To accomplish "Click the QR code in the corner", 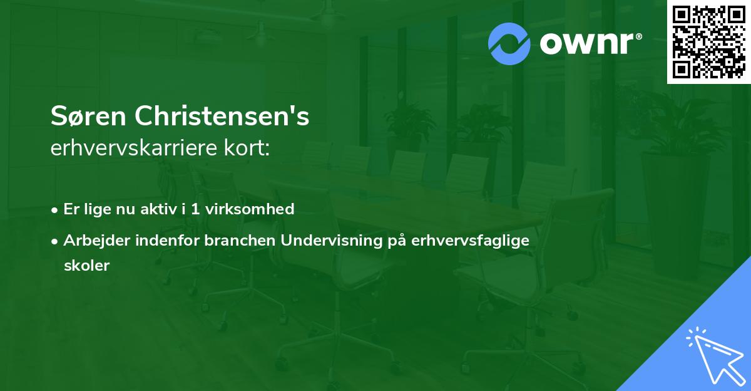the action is click(708, 42).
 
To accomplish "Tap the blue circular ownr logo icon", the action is click(509, 44).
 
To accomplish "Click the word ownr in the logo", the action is click(586, 44).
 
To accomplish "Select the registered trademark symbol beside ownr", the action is click(638, 36).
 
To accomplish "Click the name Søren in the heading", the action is click(88, 116).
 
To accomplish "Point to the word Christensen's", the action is click(222, 116).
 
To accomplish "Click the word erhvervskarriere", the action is click(134, 148).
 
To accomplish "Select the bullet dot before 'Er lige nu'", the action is click(54, 211).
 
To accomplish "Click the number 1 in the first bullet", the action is click(195, 209).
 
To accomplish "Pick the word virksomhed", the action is click(250, 209).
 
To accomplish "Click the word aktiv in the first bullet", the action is click(158, 209).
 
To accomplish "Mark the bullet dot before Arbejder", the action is click(54, 242).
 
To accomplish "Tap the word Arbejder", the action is click(97, 241).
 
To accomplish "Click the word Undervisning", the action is click(332, 241).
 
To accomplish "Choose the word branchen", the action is click(240, 241).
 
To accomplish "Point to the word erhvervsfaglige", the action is click(471, 241).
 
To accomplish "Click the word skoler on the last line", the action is click(87, 266).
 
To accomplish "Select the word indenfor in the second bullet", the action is click(167, 241).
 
